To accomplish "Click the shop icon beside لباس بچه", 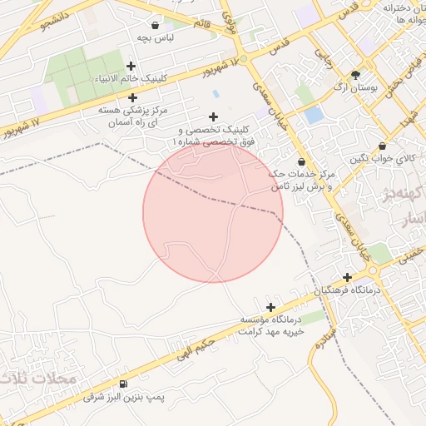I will click(x=156, y=25).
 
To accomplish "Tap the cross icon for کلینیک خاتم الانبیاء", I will click(x=131, y=66).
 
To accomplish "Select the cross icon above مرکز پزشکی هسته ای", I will click(x=132, y=98).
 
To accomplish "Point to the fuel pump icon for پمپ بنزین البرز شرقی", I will click(x=124, y=384).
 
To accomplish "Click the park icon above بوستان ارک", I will click(x=356, y=74).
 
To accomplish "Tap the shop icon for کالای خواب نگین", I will click(x=382, y=146).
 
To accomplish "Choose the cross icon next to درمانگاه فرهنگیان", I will click(x=347, y=277).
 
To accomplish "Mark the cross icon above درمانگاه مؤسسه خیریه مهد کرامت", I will click(x=270, y=307).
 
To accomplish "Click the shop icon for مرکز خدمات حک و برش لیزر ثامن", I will click(x=300, y=161).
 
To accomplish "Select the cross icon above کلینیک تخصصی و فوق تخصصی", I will click(x=213, y=117).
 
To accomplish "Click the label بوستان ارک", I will click(x=356, y=87).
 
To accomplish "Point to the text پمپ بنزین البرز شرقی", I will click(x=125, y=398).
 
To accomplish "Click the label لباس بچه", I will click(x=156, y=38).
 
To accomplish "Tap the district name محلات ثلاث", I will click(x=37, y=379).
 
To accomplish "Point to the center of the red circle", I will click(x=213, y=212).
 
